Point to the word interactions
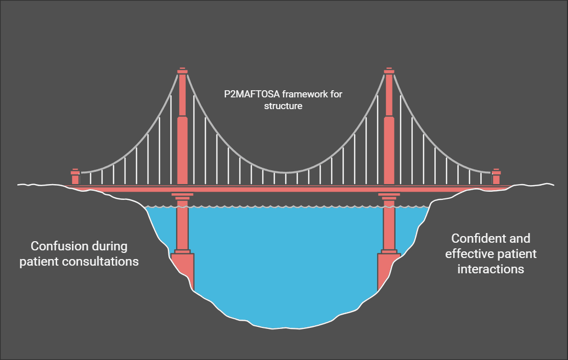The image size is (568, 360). click(490, 269)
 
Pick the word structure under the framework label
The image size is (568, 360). click(283, 107)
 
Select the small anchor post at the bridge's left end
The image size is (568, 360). click(75, 177)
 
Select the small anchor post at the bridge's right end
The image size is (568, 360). click(496, 177)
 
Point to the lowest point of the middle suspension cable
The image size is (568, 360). click(285, 172)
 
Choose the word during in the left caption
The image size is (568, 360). click(108, 246)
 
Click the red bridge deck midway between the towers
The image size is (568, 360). click(285, 188)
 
